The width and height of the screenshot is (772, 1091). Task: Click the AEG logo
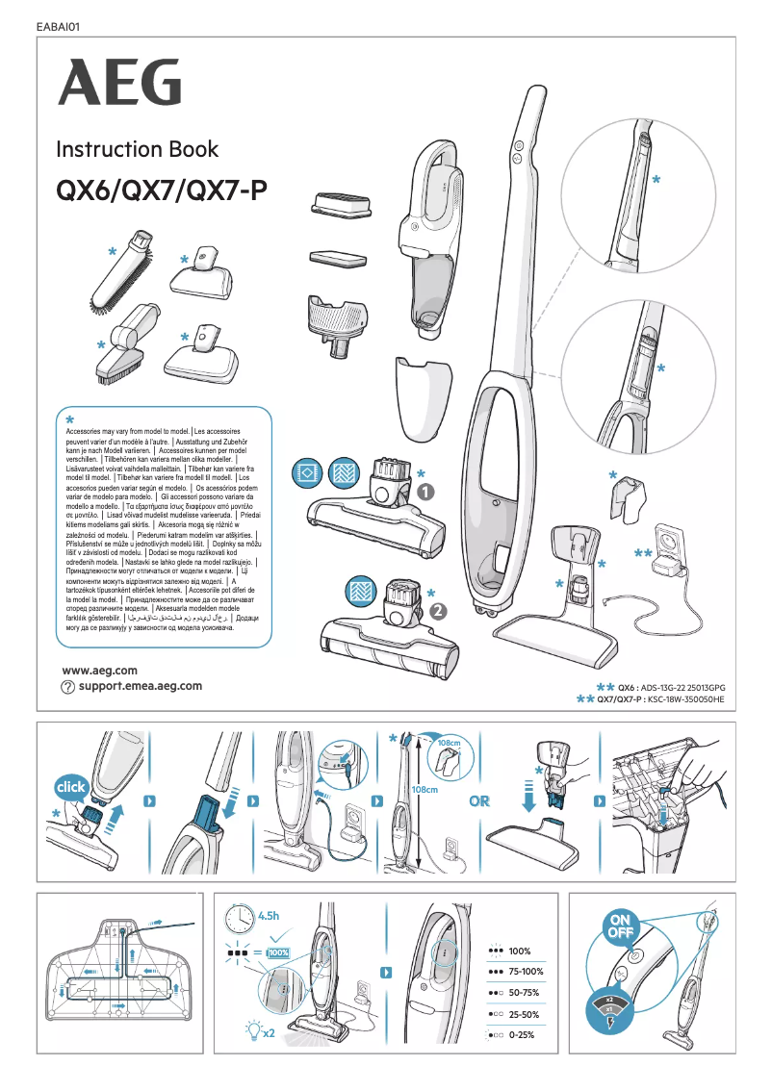pos(119,82)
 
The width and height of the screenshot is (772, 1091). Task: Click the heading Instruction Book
pos(137,150)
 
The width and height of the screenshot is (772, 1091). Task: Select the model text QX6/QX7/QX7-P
pos(162,190)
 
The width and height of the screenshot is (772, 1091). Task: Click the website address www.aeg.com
pos(99,670)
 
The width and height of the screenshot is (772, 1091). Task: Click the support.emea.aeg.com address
pos(141,686)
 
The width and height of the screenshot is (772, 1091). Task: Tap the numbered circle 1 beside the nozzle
pos(425,492)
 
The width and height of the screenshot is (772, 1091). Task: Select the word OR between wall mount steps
pos(480,801)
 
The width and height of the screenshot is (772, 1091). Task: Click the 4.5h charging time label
pos(269,914)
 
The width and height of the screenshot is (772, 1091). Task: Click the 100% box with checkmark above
pos(278,952)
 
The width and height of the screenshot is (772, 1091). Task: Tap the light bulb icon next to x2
pos(253,1029)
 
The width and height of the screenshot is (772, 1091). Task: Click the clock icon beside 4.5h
pos(240,919)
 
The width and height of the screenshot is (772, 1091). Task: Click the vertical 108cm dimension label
pos(425,790)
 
